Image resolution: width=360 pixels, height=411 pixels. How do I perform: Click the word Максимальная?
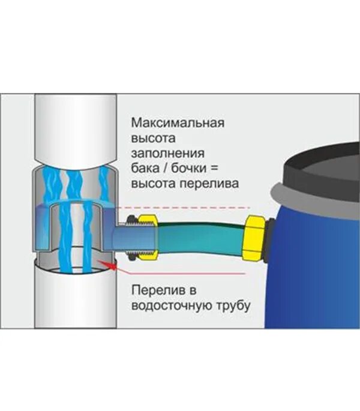click(177, 124)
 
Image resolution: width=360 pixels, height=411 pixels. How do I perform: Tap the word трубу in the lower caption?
click(229, 305)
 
